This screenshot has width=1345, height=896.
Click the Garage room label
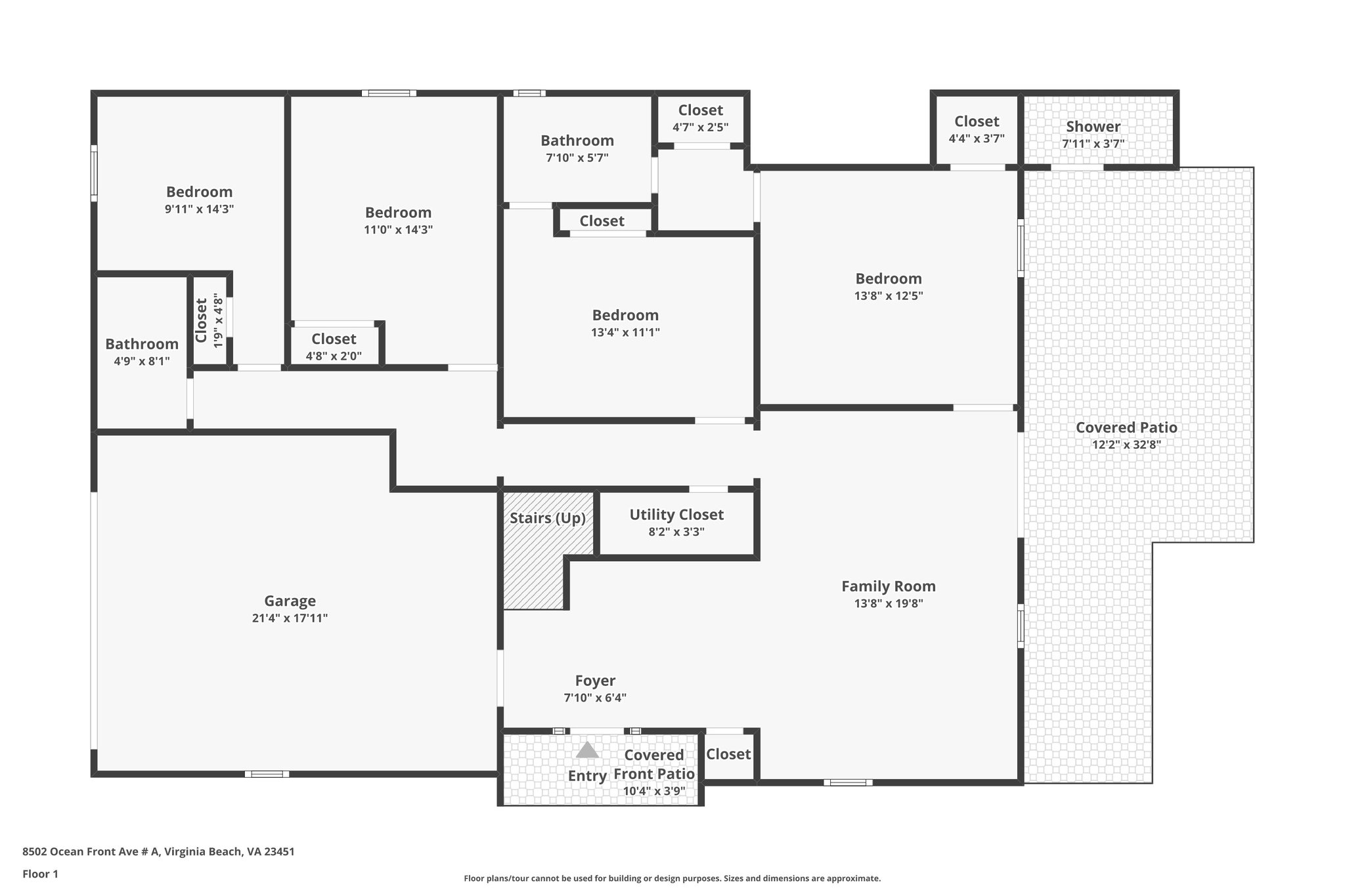pyautogui.click(x=290, y=601)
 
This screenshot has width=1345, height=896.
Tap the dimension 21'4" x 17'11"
pyautogui.click(x=290, y=618)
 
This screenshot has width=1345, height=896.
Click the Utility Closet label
pyautogui.click(x=676, y=515)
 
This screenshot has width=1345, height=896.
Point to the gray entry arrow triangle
pyautogui.click(x=587, y=750)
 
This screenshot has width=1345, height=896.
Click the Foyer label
pyautogui.click(x=595, y=681)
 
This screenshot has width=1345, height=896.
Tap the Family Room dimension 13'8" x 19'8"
pyautogui.click(x=889, y=604)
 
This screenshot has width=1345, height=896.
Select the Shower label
pyautogui.click(x=1093, y=127)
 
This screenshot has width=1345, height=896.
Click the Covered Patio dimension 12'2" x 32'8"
pyautogui.click(x=1126, y=444)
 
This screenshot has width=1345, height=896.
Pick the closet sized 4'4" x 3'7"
pyautogui.click(x=977, y=129)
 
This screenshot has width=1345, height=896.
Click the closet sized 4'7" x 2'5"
pyautogui.click(x=700, y=118)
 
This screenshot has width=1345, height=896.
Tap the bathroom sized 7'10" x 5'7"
pyautogui.click(x=577, y=148)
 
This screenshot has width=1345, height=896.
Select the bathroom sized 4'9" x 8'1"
pyautogui.click(x=142, y=352)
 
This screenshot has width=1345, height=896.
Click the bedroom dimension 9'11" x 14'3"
pyautogui.click(x=199, y=209)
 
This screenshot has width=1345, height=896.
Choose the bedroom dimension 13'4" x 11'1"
pyautogui.click(x=625, y=332)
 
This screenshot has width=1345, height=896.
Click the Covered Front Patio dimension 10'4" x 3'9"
pyautogui.click(x=654, y=792)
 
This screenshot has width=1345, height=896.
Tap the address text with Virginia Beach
pyautogui.click(x=158, y=852)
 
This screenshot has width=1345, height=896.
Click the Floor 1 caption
pyautogui.click(x=40, y=874)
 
